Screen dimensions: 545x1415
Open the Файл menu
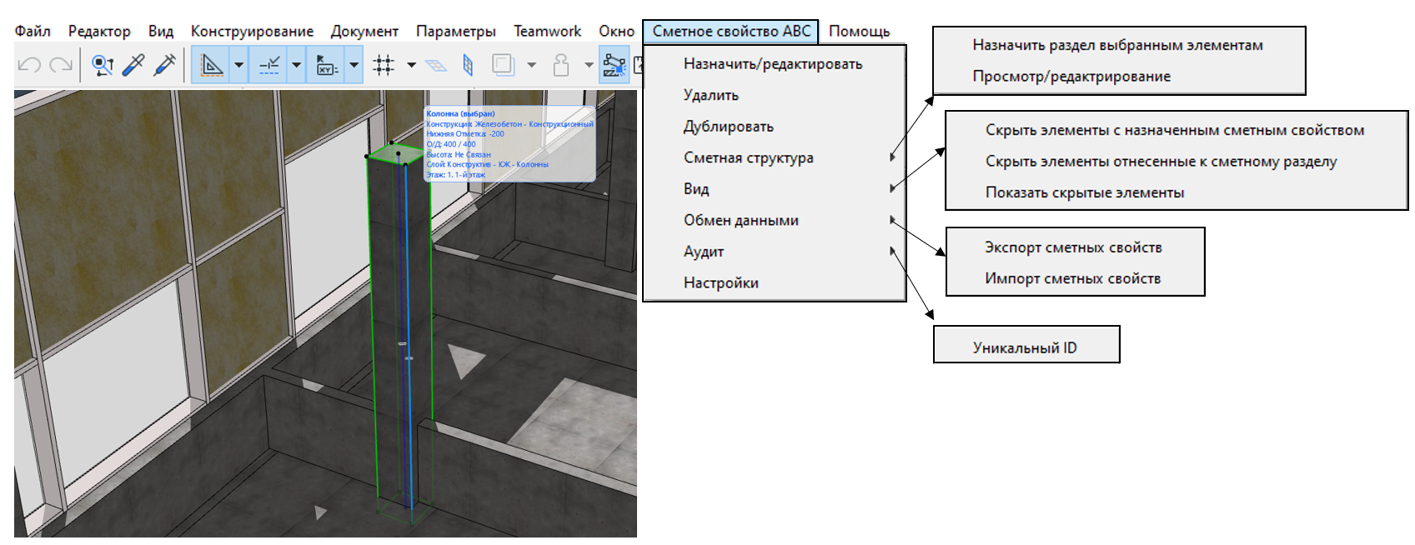[x=33, y=32]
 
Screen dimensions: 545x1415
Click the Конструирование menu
[x=252, y=32]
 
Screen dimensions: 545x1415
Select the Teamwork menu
[x=547, y=32]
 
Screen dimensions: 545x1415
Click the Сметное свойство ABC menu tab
[x=730, y=32]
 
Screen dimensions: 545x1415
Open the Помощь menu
[x=859, y=32]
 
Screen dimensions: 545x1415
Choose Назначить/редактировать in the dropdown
[x=772, y=64]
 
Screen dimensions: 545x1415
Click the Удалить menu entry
[x=710, y=95]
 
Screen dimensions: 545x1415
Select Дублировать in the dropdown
[x=728, y=127]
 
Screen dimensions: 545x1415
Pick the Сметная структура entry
[x=748, y=157]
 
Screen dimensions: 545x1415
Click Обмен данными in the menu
[x=740, y=220]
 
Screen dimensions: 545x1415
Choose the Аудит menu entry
[x=703, y=252]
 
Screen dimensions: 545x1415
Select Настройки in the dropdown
[x=720, y=283]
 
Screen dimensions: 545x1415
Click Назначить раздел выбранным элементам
[x=1116, y=45]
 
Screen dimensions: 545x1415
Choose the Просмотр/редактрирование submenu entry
[x=1071, y=77]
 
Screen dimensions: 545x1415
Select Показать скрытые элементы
[x=1084, y=192]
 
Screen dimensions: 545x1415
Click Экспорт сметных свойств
[x=1072, y=247]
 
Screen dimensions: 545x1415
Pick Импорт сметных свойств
[x=1072, y=278]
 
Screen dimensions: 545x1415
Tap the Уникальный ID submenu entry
[x=1024, y=347]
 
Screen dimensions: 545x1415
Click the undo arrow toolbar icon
[x=29, y=65]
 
